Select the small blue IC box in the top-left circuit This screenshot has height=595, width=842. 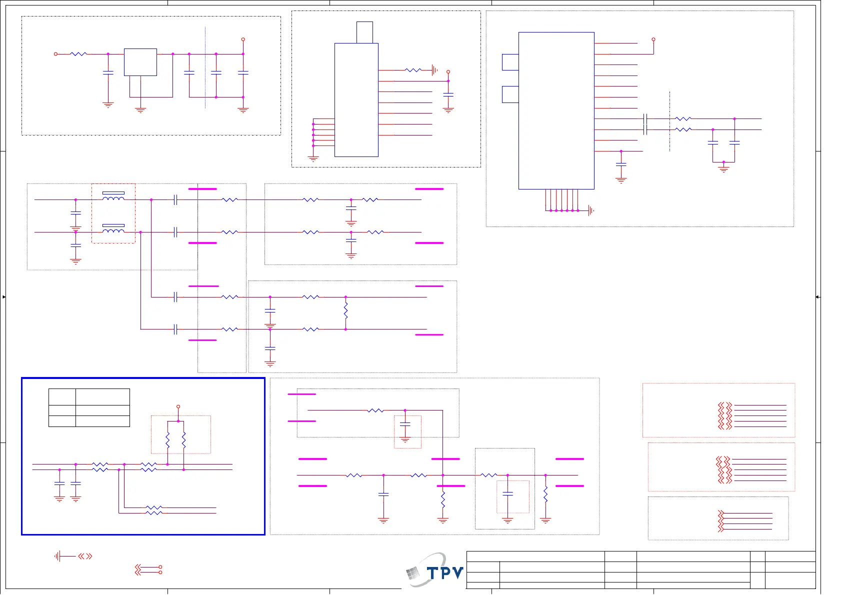[x=140, y=62]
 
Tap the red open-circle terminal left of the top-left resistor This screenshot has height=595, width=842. [x=55, y=53]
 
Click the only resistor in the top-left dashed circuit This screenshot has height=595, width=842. [x=78, y=53]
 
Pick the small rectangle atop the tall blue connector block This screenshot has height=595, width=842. [x=364, y=32]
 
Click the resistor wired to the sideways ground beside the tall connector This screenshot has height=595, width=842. [x=413, y=70]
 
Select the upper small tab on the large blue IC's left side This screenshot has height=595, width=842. [x=510, y=62]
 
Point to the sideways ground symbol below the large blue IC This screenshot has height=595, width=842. [x=590, y=210]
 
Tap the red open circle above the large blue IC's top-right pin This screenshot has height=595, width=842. [x=653, y=39]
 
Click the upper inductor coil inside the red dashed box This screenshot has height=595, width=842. [x=113, y=197]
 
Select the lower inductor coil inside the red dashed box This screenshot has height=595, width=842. [x=113, y=230]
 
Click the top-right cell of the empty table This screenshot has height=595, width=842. [x=102, y=396]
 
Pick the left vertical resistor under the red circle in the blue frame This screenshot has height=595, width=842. [x=168, y=440]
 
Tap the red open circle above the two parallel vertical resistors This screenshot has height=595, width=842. [x=178, y=406]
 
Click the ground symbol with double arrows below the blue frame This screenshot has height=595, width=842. [x=59, y=556]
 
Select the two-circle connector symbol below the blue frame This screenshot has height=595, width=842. [x=149, y=569]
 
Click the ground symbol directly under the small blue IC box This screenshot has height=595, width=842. [x=140, y=109]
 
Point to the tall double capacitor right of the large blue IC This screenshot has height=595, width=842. [x=645, y=124]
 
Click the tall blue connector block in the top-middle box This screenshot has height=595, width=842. [x=356, y=100]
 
